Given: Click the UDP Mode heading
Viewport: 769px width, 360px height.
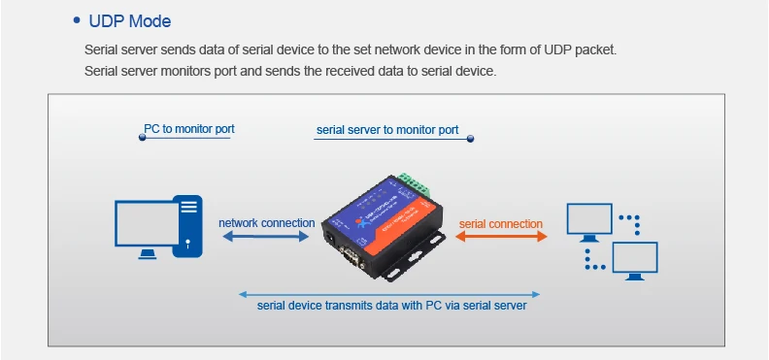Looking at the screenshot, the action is pos(130,21).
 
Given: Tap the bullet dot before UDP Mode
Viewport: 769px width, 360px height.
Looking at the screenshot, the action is pos(76,20).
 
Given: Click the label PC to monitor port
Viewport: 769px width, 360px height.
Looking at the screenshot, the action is pos(188,129).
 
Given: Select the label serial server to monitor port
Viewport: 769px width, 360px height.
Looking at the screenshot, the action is pos(387,130).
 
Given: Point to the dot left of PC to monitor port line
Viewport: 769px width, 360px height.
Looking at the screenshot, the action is pos(142,138).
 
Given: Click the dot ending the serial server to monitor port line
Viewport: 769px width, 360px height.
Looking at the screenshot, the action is pos(470,139).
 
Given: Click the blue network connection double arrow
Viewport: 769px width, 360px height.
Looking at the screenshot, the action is pos(266,237).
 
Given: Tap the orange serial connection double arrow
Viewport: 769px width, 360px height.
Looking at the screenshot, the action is pos(501,237).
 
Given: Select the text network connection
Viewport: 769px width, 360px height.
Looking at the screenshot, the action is pos(267,223).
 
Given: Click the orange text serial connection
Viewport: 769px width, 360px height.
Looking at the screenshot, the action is pos(501,224).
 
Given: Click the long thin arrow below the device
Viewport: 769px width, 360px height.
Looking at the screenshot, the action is pos(389,294).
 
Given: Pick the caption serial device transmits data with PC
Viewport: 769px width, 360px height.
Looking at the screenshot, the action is pos(392,306).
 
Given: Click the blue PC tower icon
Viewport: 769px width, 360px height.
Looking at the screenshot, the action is pos(188,226).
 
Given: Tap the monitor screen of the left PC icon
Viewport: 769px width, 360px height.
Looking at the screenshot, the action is pos(147,223).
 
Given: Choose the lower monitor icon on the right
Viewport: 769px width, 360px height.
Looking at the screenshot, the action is pos(635,261).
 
